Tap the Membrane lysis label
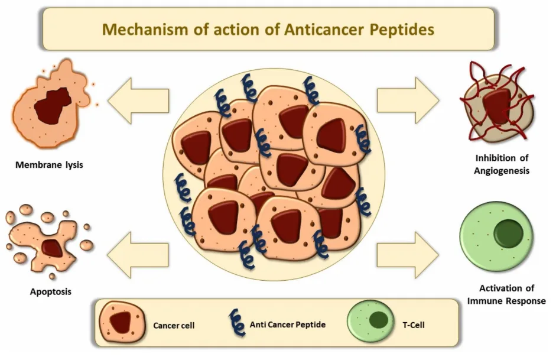click(49, 165)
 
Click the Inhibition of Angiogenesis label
click(502, 164)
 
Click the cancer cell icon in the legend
click(121, 323)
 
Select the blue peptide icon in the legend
click(237, 323)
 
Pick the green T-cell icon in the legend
click(370, 322)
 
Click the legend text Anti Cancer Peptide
click(287, 325)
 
